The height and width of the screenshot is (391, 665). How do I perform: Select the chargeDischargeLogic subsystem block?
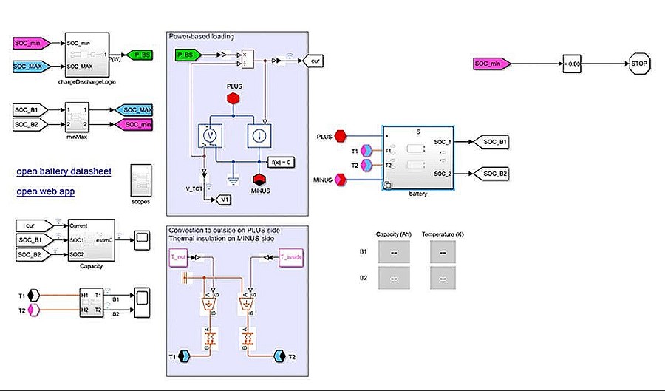87,55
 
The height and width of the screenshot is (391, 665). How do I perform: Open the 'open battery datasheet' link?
64,171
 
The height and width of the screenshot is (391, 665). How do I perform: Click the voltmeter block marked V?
208,137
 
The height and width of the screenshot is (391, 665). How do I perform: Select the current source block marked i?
260,137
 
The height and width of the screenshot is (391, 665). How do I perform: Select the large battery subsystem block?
418,157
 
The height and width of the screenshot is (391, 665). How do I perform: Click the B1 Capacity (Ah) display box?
392,252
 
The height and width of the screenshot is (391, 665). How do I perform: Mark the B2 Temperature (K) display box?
443,278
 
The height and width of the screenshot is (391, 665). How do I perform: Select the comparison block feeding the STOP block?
574,64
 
